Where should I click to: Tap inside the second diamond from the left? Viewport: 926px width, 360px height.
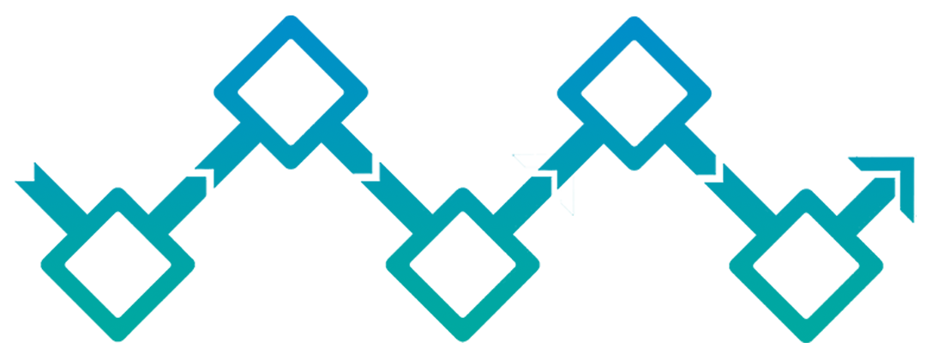click(291, 92)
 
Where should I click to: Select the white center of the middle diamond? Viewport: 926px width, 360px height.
click(463, 263)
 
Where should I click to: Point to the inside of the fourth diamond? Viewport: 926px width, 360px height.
click(635, 92)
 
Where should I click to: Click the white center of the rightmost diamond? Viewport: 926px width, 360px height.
click(807, 263)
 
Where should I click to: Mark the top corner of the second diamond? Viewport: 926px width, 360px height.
click(291, 20)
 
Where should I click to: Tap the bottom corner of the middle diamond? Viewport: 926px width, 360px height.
click(463, 335)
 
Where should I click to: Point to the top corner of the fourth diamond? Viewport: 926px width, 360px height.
click(635, 20)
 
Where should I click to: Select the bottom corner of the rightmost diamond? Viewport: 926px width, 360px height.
click(807, 335)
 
